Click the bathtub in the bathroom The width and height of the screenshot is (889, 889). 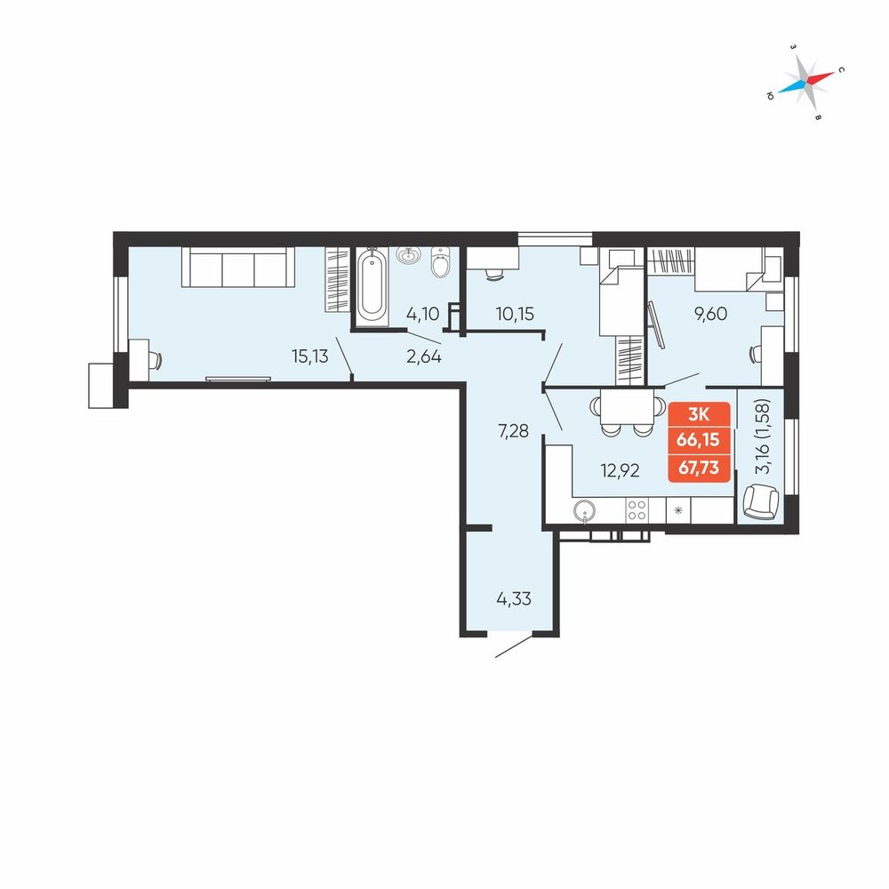click(x=372, y=286)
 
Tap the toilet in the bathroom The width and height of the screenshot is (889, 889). click(x=440, y=261)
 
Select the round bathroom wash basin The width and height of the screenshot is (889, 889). click(x=408, y=256)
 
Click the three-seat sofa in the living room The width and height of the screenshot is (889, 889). click(x=238, y=267)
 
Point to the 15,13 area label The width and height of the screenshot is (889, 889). click(x=309, y=356)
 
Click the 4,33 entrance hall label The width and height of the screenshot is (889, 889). click(x=514, y=598)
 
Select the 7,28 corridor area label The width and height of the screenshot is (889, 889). click(x=513, y=431)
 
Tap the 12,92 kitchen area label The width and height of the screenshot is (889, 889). click(x=621, y=470)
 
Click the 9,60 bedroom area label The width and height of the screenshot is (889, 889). click(x=710, y=314)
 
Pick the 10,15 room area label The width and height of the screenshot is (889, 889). click(x=515, y=314)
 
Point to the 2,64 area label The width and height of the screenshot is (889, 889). click(x=424, y=356)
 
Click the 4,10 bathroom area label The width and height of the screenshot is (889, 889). click(x=423, y=314)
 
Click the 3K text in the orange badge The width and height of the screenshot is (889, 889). click(x=699, y=414)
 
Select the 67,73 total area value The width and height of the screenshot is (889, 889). click(x=699, y=468)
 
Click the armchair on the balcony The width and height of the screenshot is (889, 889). click(x=761, y=501)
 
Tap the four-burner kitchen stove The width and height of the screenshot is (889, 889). click(x=637, y=509)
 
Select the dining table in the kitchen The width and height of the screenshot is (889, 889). click(x=627, y=406)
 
